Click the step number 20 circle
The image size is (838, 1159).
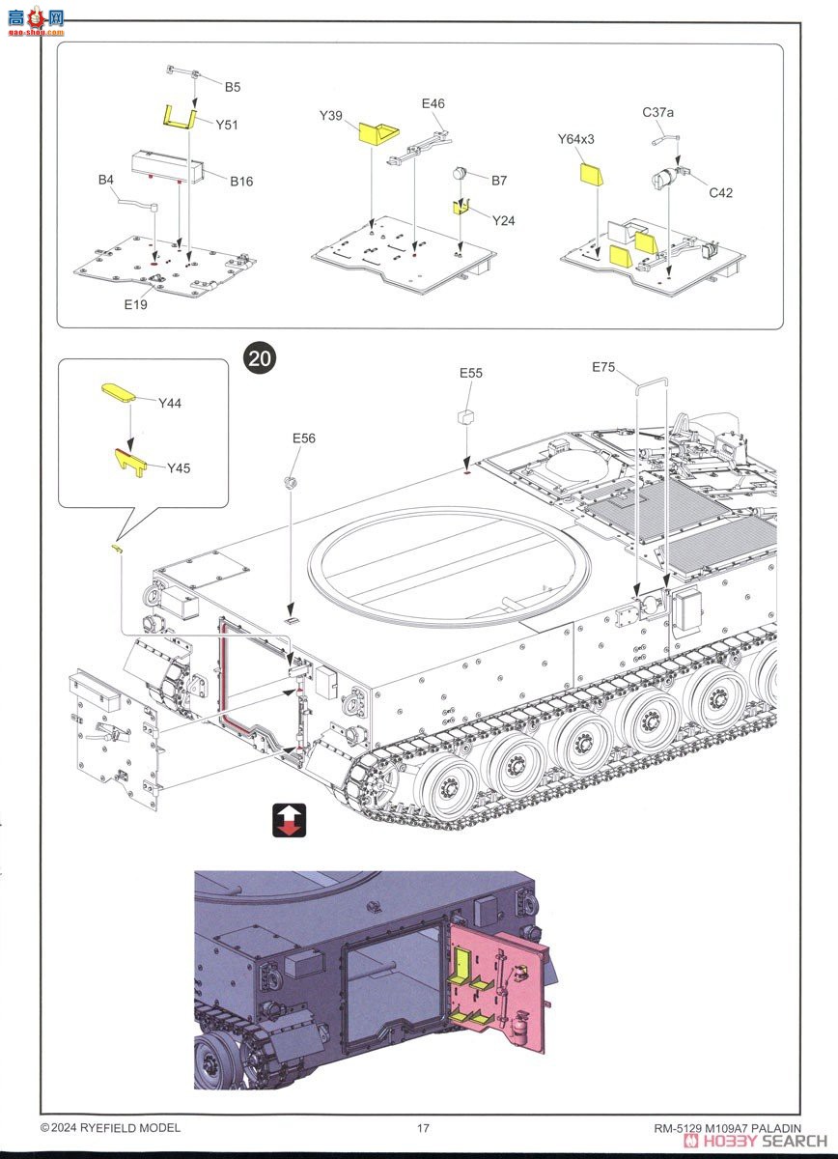260,358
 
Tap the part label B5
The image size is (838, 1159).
232,87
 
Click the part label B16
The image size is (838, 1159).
240,181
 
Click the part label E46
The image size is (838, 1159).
433,103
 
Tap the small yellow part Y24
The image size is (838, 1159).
462,207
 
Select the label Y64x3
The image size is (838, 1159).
575,139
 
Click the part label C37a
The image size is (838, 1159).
657,113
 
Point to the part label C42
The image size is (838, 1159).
720,192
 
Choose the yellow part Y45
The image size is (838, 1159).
132,462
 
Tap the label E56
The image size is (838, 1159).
304,438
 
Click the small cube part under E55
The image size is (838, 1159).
466,416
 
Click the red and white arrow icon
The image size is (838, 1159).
289,819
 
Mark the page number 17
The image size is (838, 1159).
423,1128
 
